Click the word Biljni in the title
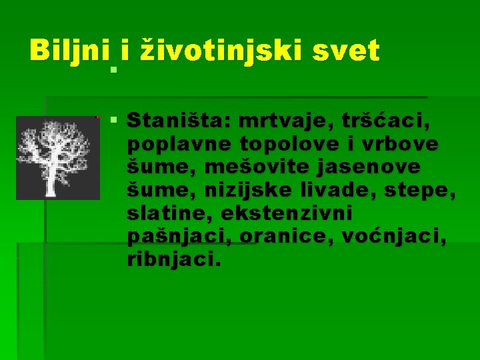click(x=70, y=50)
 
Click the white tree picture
click(x=53, y=158)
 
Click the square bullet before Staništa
click(x=114, y=121)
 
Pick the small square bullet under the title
click(x=114, y=69)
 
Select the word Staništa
click(x=177, y=122)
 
